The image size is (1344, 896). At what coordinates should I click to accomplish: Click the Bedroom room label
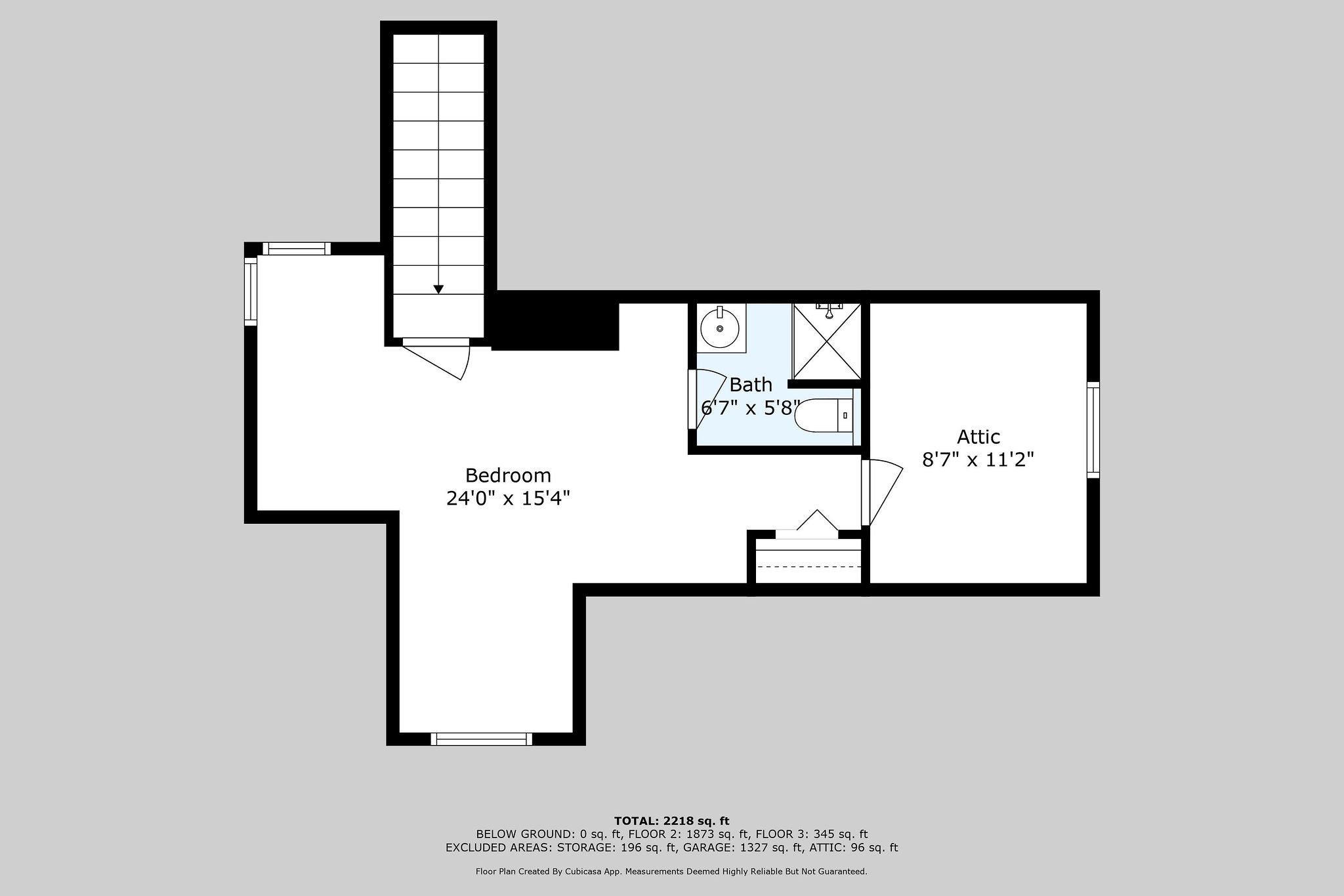click(508, 475)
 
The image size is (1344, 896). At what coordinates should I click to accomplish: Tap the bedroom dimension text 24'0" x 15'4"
click(508, 499)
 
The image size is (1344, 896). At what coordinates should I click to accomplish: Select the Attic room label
click(978, 437)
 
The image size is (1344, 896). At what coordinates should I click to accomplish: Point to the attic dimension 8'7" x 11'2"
click(978, 459)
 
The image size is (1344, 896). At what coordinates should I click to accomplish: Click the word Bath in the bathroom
click(750, 385)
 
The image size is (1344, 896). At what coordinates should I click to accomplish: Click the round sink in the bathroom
click(720, 328)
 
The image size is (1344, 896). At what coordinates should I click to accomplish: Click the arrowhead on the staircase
click(438, 289)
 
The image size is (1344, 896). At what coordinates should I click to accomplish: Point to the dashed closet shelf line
click(808, 566)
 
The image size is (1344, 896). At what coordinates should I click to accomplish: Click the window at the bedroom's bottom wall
click(481, 739)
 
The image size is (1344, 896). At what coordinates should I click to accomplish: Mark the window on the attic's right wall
click(1093, 429)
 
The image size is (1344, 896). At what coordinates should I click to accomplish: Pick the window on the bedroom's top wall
click(297, 248)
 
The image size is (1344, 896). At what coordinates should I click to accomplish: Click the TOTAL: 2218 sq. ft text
click(671, 821)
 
